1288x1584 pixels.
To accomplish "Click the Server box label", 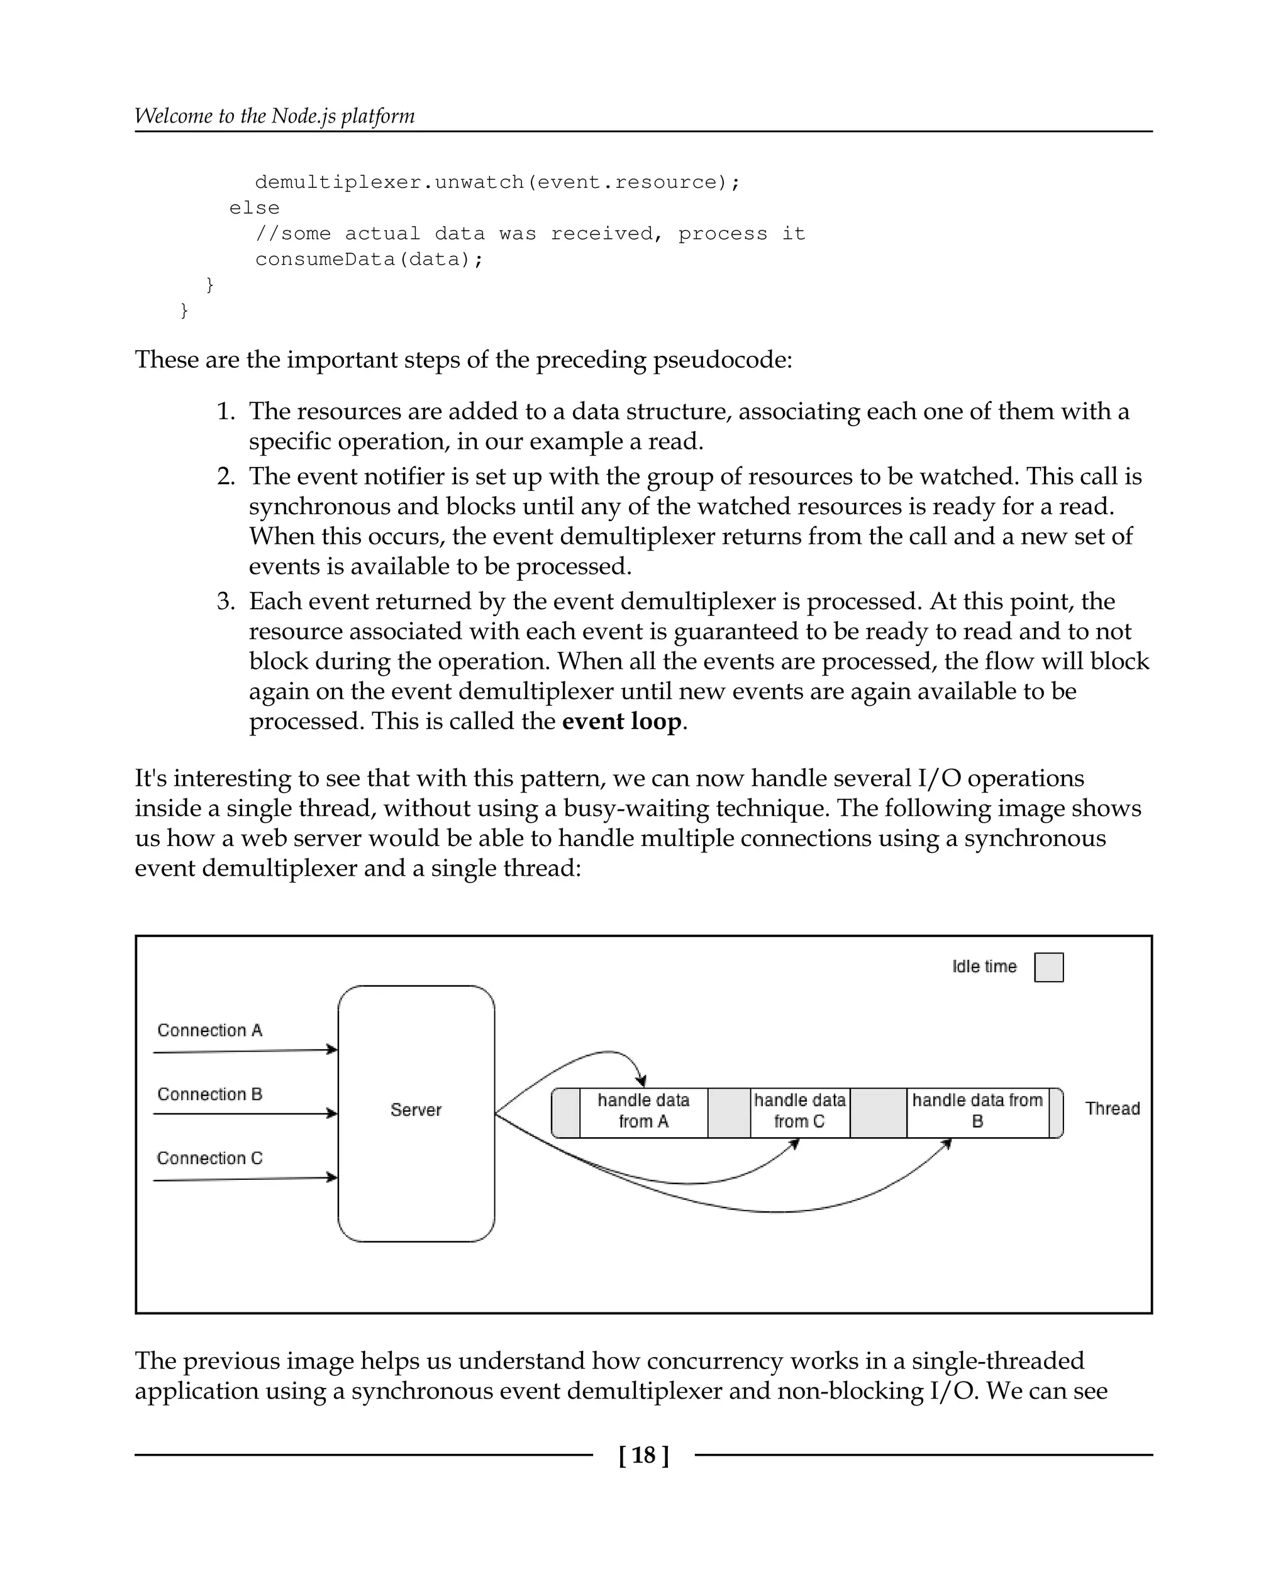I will pos(416,1109).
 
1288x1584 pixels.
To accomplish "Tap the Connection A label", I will pos(209,1030).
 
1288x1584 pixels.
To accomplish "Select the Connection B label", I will pos(209,1094).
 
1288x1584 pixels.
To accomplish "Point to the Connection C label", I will pos(209,1158).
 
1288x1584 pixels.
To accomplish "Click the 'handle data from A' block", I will pos(643,1110).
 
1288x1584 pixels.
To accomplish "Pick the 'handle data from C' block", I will pos(799,1110).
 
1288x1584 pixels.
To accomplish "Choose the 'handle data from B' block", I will pos(977,1110).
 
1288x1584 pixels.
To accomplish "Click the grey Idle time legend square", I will pos(1048,967).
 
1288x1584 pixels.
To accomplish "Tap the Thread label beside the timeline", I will pos(1111,1109).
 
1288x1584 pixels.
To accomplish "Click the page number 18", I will pos(644,1455).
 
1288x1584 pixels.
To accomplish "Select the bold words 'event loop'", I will pos(622,721).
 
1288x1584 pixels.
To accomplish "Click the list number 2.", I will pos(226,476).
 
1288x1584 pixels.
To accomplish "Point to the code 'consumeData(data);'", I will pos(369,260).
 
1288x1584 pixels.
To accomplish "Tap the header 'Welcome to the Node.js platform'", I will pos(274,116).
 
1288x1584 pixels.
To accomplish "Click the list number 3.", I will pos(226,602).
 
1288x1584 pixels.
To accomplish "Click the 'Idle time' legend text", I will pos(984,966).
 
